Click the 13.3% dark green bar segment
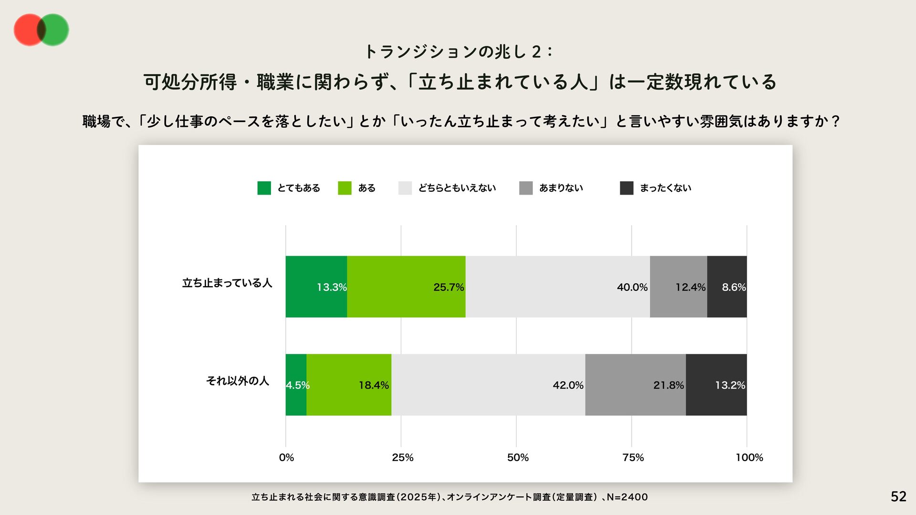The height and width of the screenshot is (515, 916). click(x=316, y=286)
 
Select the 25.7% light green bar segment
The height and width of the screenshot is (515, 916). click(x=406, y=286)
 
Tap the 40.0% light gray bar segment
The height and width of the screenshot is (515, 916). click(x=557, y=286)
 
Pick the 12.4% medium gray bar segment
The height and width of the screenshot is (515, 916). click(x=678, y=286)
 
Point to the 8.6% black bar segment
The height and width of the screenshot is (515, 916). click(x=727, y=286)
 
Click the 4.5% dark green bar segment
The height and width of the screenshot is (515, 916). click(x=296, y=384)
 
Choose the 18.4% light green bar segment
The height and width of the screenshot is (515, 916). click(x=349, y=384)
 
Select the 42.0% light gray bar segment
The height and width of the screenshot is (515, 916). click(x=488, y=384)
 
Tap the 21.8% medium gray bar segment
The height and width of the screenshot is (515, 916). click(x=635, y=384)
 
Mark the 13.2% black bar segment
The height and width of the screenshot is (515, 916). click(x=716, y=384)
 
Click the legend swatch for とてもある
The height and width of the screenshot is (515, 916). click(x=264, y=188)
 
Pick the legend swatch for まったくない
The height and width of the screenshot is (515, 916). click(x=626, y=188)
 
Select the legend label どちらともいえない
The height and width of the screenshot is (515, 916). click(x=457, y=188)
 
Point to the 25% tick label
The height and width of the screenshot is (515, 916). click(x=402, y=457)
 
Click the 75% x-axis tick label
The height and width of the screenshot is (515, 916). click(x=633, y=457)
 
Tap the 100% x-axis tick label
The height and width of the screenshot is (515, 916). click(x=749, y=457)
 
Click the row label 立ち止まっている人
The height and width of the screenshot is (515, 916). click(x=227, y=283)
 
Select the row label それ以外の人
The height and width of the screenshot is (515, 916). click(x=238, y=381)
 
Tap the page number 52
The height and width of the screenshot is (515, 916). click(x=898, y=496)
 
